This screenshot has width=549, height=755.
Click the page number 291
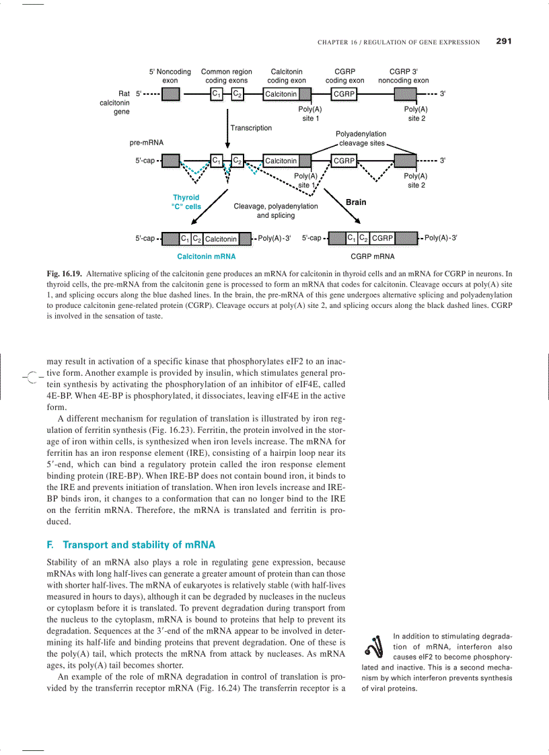(504, 41)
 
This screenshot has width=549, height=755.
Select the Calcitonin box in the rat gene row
(281, 94)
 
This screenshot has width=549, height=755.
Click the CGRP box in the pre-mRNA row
(344, 161)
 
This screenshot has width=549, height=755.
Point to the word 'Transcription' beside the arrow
(251, 128)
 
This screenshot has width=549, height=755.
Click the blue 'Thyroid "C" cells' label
(186, 202)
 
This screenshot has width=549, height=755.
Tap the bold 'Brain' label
(356, 202)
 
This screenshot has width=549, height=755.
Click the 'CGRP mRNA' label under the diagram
(373, 256)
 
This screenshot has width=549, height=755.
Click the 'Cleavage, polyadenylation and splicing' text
(276, 211)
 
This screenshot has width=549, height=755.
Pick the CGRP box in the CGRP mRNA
(382, 238)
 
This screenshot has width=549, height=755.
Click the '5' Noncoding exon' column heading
(170, 76)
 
